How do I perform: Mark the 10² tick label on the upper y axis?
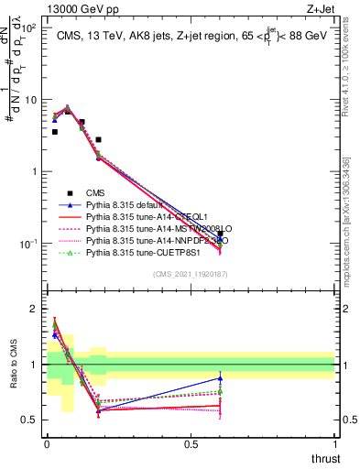coord(30,28)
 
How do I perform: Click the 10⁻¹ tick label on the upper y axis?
coord(30,244)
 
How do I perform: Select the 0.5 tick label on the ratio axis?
coord(30,420)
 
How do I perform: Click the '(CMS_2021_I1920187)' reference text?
coord(190,274)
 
